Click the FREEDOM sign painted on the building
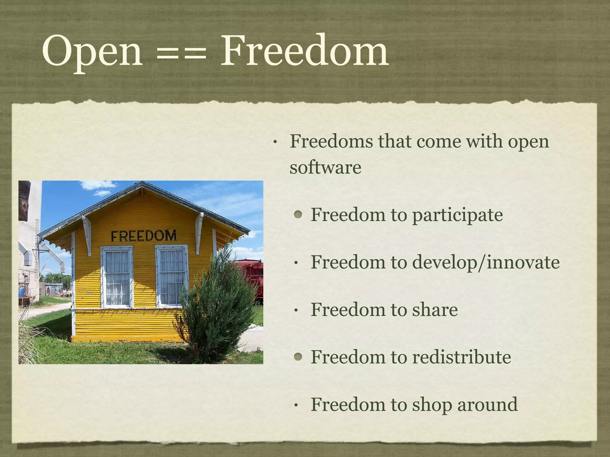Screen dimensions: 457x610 point(144,236)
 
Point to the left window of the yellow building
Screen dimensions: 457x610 point(117,277)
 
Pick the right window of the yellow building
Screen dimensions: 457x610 point(172,276)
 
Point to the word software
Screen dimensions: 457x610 point(325,167)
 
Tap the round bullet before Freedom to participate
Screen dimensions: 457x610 point(298,215)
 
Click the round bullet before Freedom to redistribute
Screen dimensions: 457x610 point(298,357)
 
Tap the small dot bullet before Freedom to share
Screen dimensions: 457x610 point(296,311)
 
